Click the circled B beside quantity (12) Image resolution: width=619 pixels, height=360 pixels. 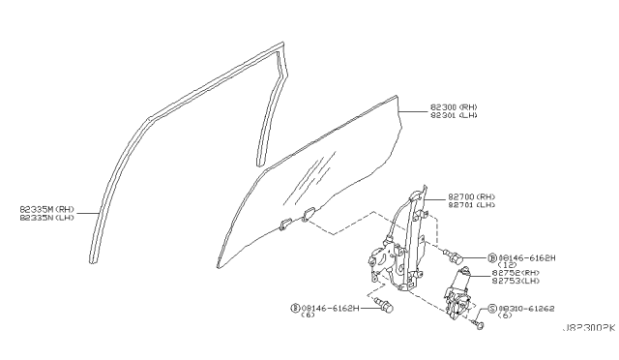(491, 257)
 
